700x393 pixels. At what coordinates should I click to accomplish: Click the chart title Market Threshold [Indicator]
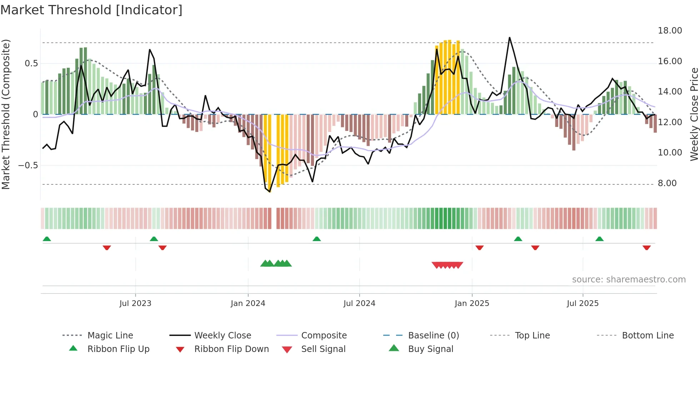coord(91,10)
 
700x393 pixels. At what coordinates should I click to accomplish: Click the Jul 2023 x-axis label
coord(135,303)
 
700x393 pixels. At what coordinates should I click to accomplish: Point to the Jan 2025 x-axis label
coord(472,303)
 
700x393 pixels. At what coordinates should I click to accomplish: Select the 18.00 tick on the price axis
coord(670,31)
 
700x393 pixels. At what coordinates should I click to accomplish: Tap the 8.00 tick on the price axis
coord(667,183)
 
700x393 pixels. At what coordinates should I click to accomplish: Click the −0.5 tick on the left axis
coord(28,165)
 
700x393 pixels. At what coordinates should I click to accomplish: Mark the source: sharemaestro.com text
coord(629,280)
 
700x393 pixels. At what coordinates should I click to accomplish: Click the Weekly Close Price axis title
coord(694,114)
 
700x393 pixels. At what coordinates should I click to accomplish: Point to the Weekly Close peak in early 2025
coord(509,37)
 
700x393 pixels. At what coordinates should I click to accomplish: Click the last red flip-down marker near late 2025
coord(646,247)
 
